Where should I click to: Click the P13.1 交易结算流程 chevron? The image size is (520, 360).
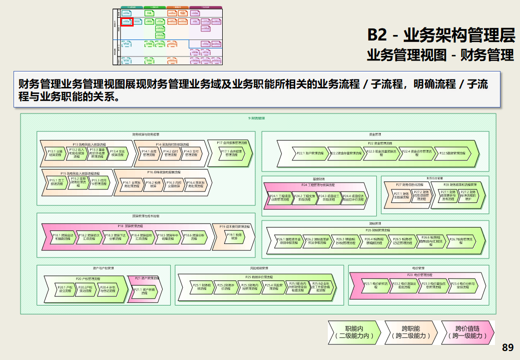[x=55, y=153]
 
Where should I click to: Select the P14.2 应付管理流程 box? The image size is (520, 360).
[x=170, y=153]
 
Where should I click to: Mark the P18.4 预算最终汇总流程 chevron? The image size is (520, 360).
[x=145, y=237]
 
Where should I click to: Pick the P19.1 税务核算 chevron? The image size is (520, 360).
[x=236, y=237]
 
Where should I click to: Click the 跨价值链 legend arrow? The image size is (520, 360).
[x=467, y=332]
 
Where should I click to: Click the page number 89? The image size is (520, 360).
[x=507, y=347]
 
